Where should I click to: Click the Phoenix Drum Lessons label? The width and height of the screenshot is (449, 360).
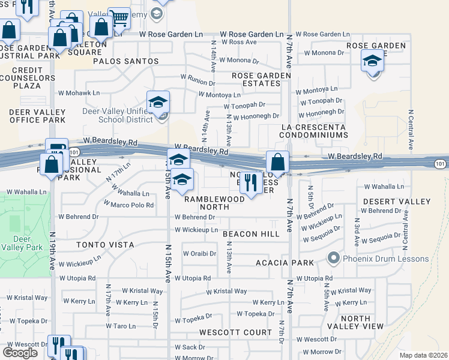tap(386, 259)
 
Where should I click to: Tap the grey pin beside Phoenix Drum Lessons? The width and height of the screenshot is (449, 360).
tap(334, 259)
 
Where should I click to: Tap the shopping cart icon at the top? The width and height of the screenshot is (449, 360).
tap(119, 19)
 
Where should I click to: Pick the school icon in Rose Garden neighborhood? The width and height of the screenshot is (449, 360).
tap(373, 61)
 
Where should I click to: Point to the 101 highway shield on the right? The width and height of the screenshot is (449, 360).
tap(440, 163)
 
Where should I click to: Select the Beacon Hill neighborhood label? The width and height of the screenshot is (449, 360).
tap(251, 234)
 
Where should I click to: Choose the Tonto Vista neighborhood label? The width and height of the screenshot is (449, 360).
tap(104, 245)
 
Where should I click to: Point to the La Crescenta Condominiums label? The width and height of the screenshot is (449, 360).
tap(315, 131)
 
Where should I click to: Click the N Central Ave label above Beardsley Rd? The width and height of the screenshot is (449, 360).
tap(411, 130)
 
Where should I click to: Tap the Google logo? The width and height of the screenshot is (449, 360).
tap(20, 353)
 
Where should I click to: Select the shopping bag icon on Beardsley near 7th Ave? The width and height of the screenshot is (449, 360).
tap(278, 161)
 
